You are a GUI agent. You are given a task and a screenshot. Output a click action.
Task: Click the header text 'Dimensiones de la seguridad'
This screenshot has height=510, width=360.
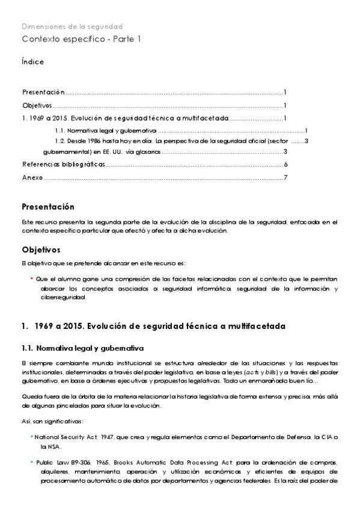(x=72, y=26)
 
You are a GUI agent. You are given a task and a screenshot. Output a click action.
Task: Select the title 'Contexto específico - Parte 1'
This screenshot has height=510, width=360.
(x=81, y=39)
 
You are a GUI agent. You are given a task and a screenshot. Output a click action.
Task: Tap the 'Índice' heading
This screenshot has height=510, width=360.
(x=32, y=62)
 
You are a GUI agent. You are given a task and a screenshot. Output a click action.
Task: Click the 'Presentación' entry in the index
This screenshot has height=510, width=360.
(x=43, y=92)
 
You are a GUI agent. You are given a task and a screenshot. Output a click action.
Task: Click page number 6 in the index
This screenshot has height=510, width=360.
(x=286, y=164)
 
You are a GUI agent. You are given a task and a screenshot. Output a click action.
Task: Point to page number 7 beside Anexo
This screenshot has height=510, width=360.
(x=286, y=177)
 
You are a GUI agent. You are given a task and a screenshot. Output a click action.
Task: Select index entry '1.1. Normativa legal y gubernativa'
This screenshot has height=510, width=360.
(x=105, y=131)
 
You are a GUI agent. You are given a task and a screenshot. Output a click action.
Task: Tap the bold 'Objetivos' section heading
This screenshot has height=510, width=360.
(x=41, y=249)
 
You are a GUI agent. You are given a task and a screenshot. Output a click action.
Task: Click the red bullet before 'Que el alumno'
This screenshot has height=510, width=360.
(x=31, y=279)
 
